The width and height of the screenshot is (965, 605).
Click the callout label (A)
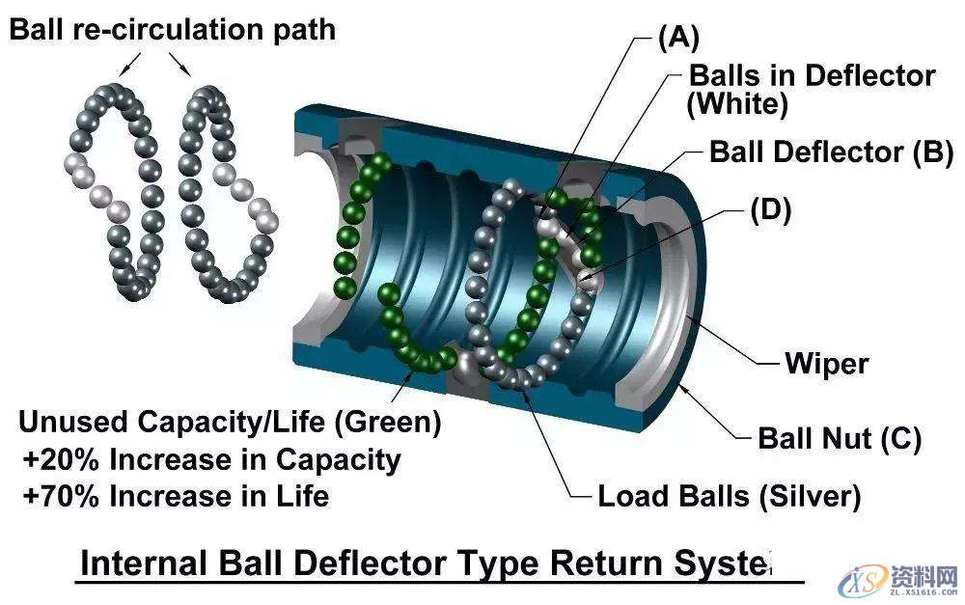[x=677, y=38]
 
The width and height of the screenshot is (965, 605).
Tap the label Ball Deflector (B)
[x=831, y=151]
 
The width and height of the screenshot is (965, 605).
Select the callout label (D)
[x=770, y=209]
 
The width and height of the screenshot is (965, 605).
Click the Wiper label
[x=826, y=364]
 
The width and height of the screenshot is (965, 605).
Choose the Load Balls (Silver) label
[x=729, y=497]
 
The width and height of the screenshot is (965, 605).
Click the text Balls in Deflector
[x=811, y=75]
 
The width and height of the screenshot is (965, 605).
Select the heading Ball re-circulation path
[x=173, y=29]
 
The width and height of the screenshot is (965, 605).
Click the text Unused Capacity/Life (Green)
[x=230, y=423]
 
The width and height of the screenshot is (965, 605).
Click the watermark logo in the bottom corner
[x=898, y=580]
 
